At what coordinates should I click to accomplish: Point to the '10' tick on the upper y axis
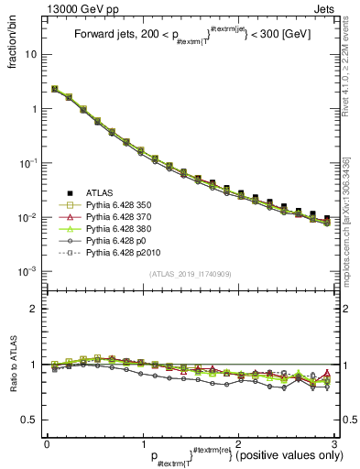coord(31,54)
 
